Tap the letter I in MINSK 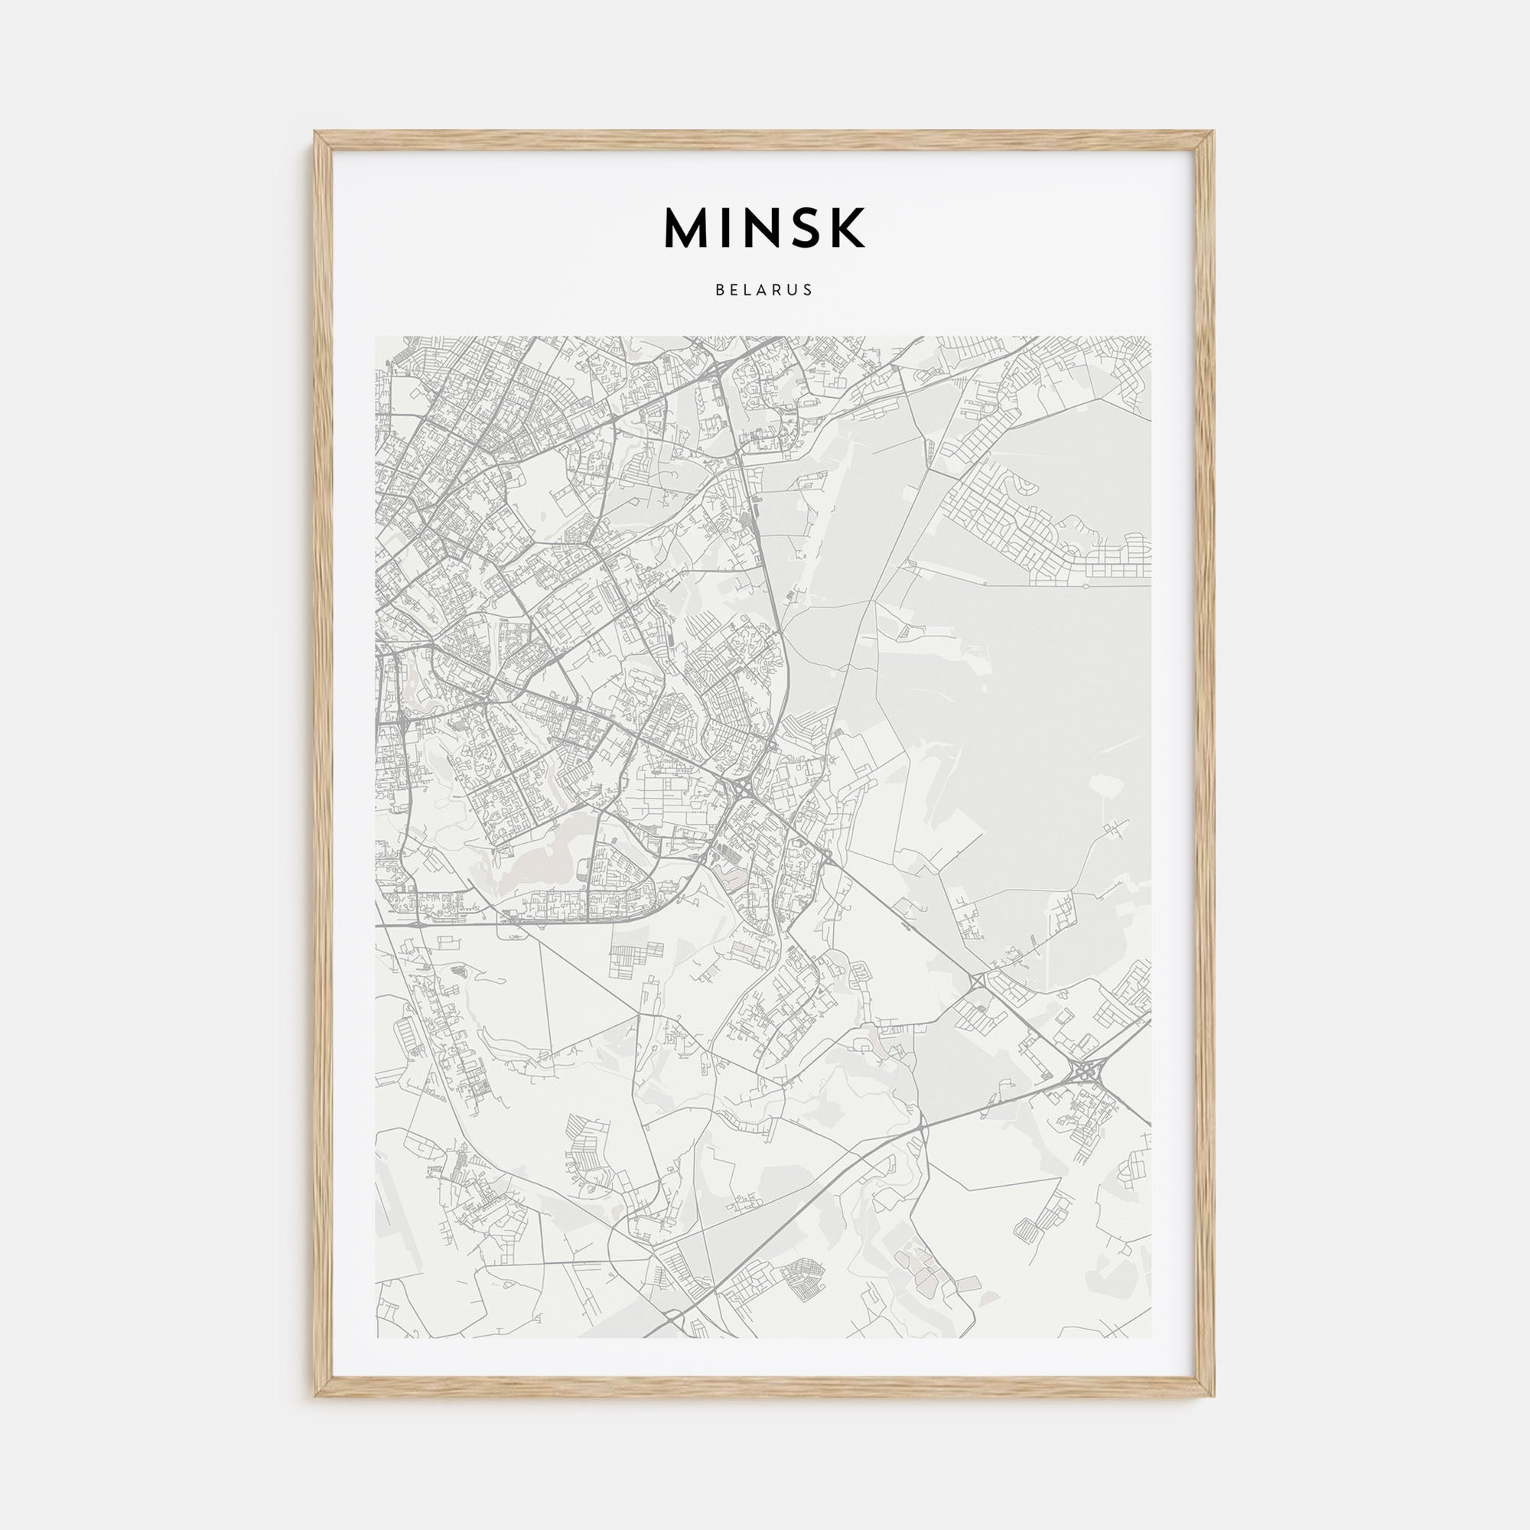click(x=726, y=228)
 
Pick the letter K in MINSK click(x=846, y=228)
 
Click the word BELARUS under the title click(x=764, y=290)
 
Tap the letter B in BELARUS click(x=719, y=290)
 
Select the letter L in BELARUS click(x=748, y=290)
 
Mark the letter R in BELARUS click(x=780, y=290)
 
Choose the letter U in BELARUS click(x=794, y=290)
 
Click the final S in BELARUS click(x=809, y=290)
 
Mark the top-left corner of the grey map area click(x=376, y=337)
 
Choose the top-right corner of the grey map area click(x=1151, y=337)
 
